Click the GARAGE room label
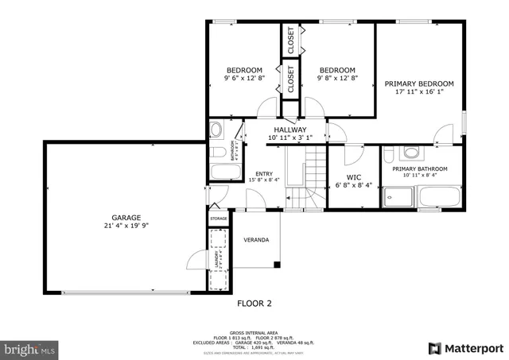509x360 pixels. pyautogui.click(x=126, y=216)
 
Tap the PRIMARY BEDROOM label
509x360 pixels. pyautogui.click(x=419, y=83)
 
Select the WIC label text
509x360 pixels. pyautogui.click(x=354, y=177)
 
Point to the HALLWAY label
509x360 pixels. pyautogui.click(x=289, y=130)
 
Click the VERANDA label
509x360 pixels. pyautogui.click(x=256, y=240)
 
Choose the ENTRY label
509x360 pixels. pyautogui.click(x=263, y=174)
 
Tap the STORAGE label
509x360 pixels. pyautogui.click(x=219, y=219)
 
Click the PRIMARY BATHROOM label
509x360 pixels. pyautogui.click(x=420, y=168)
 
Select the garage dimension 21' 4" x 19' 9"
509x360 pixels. pyautogui.click(x=126, y=225)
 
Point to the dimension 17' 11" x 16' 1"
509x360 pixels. pyautogui.click(x=419, y=92)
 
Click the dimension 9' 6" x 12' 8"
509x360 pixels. pyautogui.click(x=243, y=78)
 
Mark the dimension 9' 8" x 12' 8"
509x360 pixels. pyautogui.click(x=338, y=78)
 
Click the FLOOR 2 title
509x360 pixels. pyautogui.click(x=254, y=303)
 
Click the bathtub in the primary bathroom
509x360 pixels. pyautogui.click(x=440, y=196)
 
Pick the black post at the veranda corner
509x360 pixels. pyautogui.click(x=276, y=264)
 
